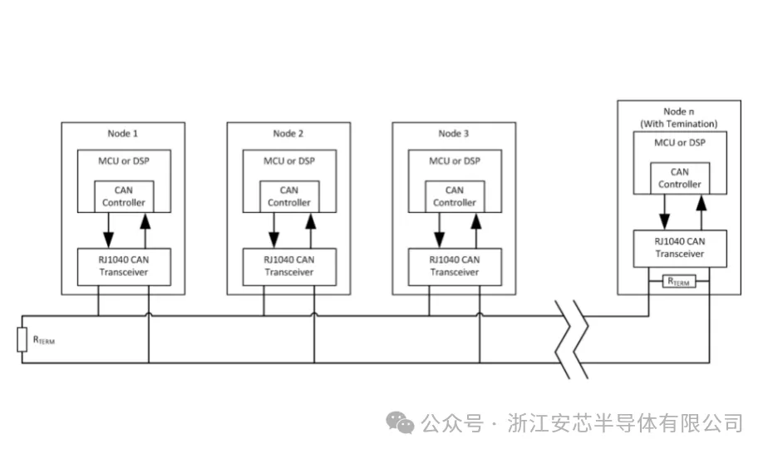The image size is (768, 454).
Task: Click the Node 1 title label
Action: [x=123, y=134]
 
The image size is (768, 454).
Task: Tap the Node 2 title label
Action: [x=288, y=134]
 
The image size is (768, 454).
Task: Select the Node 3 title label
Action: [x=454, y=134]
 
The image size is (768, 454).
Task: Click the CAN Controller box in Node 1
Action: [x=124, y=196]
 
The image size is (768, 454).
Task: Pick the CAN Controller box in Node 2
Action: [x=289, y=196]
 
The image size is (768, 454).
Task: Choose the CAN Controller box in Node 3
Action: [x=454, y=196]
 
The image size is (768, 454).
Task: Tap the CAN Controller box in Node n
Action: [x=679, y=179]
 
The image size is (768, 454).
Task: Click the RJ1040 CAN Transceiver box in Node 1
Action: [x=124, y=265]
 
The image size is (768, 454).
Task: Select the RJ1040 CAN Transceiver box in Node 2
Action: [x=289, y=265]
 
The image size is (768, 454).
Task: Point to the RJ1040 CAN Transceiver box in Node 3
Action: [x=454, y=265]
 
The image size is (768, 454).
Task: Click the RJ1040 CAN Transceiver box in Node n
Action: [x=679, y=248]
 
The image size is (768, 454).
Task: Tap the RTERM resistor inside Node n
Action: [x=678, y=282]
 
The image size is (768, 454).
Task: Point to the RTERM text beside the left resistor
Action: [x=45, y=340]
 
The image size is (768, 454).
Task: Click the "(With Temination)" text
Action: [x=678, y=124]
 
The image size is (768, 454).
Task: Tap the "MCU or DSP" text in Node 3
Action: [x=454, y=160]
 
